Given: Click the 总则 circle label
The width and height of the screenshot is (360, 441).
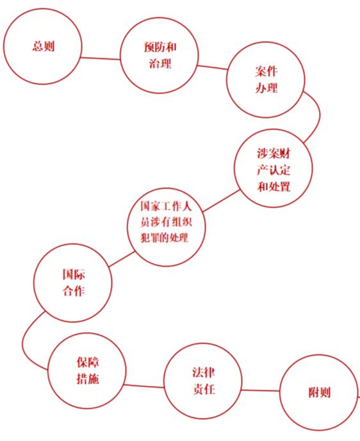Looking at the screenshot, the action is point(44,46).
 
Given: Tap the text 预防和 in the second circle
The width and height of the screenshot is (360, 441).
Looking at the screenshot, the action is point(160,47).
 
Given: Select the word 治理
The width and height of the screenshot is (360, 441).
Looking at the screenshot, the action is point(160,63).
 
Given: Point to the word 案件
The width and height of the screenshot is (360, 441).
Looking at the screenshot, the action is point(266,71).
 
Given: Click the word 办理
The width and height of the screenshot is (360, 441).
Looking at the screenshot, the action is point(266,88).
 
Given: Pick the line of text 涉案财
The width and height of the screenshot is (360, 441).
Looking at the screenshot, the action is point(274,154).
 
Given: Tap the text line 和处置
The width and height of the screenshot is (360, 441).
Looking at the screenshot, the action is point(274,187).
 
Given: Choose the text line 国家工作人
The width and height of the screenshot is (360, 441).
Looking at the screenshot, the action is point(166,206).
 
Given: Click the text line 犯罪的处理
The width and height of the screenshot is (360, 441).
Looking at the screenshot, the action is point(164,238).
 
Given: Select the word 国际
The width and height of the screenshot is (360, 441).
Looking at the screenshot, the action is point(74,274).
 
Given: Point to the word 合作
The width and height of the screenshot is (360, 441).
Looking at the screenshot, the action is point(74,290).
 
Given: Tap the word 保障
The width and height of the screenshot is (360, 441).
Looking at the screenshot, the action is point(88,362).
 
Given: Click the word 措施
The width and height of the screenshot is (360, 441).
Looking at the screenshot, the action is point(88,379).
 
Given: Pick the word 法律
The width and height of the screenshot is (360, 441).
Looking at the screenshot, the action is point(204,372).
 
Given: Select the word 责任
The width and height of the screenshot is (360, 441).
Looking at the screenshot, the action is point(204,389).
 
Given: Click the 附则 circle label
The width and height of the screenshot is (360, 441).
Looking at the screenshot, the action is point(319,392).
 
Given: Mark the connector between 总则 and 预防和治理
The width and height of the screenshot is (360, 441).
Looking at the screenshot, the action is point(101,58).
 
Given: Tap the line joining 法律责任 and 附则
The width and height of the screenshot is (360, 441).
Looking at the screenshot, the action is point(261,390).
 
